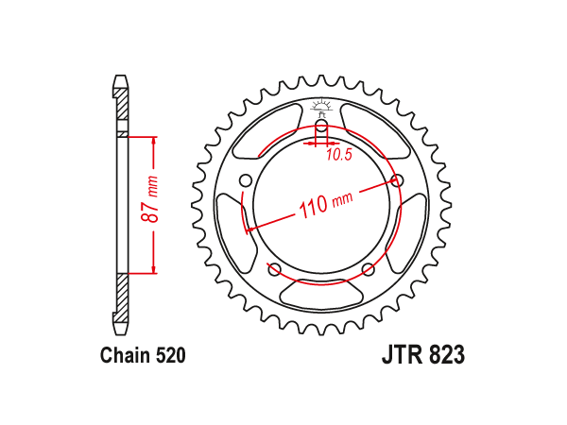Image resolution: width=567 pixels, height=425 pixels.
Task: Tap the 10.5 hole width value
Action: click(339, 155)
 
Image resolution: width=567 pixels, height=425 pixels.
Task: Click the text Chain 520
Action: click(143, 355)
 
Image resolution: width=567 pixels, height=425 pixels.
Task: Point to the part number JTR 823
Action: click(423, 355)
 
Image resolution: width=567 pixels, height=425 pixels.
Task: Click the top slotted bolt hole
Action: click(321, 127)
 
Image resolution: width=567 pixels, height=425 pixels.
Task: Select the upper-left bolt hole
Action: click(246, 180)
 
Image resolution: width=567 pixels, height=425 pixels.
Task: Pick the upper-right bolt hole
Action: click(398, 180)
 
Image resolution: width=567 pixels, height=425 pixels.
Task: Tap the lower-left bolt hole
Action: click(274, 269)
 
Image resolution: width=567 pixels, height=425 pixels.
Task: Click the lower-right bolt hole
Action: click(369, 269)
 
